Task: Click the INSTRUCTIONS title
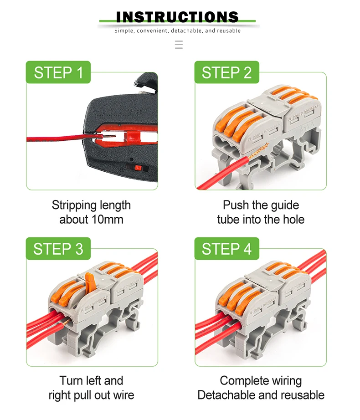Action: [x=177, y=17]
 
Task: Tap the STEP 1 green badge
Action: [x=58, y=72]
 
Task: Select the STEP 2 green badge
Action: [x=227, y=72]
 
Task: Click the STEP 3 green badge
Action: [x=58, y=249]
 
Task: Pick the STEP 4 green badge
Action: [x=227, y=249]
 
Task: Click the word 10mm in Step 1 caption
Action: [x=108, y=220]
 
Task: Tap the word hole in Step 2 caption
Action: [x=293, y=220]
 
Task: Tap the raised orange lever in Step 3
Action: [x=90, y=282]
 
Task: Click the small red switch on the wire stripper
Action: [x=138, y=168]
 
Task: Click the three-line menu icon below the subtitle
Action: [x=179, y=45]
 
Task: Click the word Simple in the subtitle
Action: [x=124, y=31]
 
